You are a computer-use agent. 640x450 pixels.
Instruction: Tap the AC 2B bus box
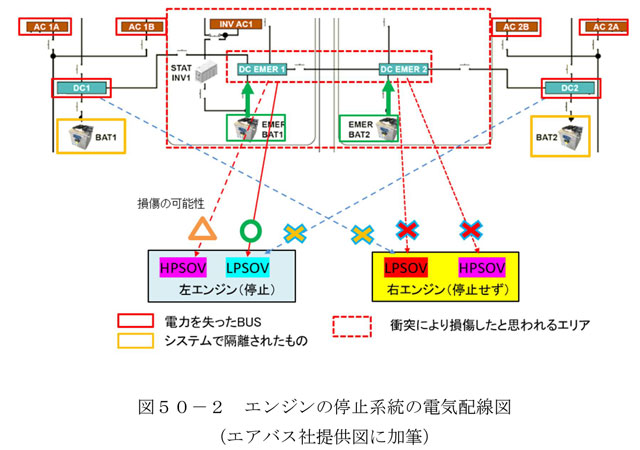[x=516, y=27]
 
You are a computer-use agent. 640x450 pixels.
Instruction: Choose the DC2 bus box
[x=570, y=89]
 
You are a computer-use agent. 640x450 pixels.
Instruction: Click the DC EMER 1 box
[x=263, y=69]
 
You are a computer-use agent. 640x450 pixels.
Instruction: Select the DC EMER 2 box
[x=404, y=69]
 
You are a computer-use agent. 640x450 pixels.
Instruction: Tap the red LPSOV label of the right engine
[x=405, y=269]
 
